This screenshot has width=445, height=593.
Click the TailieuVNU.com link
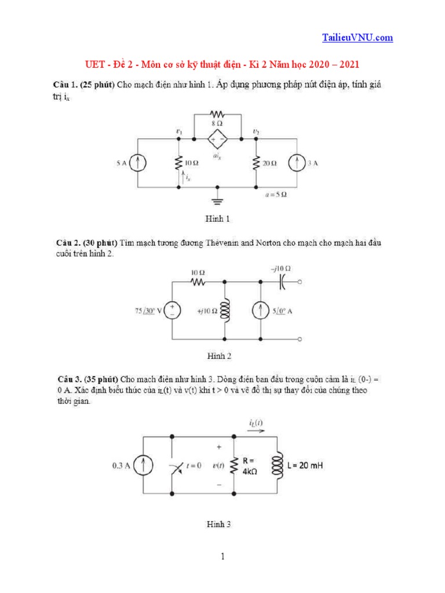click(x=357, y=38)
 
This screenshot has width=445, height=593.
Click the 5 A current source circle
click(x=137, y=163)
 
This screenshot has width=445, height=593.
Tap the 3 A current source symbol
click(x=296, y=163)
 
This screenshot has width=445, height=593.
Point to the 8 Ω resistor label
click(x=217, y=123)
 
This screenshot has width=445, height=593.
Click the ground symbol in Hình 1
click(x=217, y=200)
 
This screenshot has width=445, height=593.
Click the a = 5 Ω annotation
click(x=275, y=195)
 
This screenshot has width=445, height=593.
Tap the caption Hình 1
click(x=218, y=219)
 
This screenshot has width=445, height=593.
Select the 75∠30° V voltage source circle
click(x=173, y=312)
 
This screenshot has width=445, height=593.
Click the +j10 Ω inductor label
click(x=206, y=312)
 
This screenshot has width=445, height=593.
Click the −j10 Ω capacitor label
click(x=280, y=268)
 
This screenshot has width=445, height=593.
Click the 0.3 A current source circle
click(x=145, y=465)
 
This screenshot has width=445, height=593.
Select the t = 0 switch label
click(x=191, y=465)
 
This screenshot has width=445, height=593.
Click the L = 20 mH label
click(x=307, y=464)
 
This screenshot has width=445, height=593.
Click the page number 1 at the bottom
click(x=222, y=557)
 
